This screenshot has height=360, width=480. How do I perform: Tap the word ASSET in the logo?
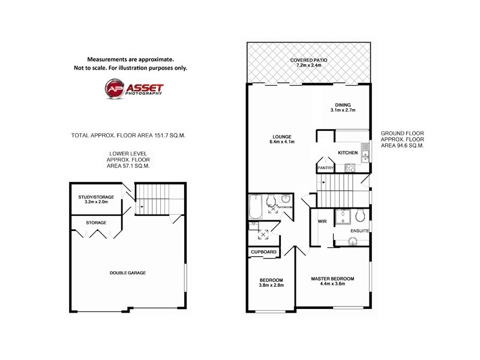(143, 88)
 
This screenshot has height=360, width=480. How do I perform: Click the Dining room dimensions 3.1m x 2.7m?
(343, 110)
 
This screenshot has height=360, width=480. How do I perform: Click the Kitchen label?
(347, 153)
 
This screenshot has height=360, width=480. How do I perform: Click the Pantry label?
(325, 169)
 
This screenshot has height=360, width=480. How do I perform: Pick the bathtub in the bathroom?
(255, 208)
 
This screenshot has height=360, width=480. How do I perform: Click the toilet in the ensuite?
(361, 216)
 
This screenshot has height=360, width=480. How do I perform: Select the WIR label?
(321, 222)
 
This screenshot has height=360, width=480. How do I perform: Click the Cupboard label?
(263, 252)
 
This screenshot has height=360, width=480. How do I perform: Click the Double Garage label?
(127, 273)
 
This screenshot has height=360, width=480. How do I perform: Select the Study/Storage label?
(95, 197)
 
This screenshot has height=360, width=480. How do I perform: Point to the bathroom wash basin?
(286, 199)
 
